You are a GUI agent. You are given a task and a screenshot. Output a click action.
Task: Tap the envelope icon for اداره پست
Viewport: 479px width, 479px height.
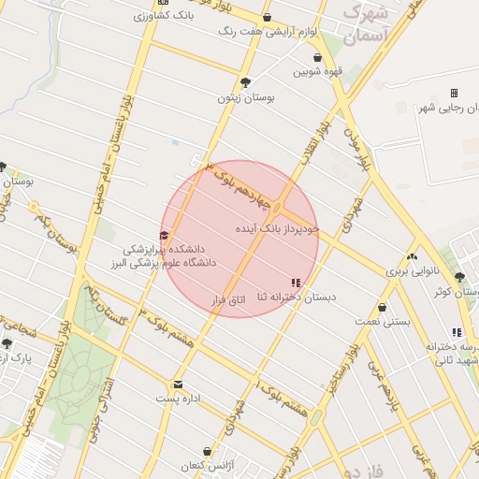tap(178, 384)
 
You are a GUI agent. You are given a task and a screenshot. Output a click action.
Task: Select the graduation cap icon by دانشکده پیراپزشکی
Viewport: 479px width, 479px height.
tap(165, 236)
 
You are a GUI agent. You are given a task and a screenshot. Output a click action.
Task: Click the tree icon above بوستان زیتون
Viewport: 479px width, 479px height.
tap(245, 82)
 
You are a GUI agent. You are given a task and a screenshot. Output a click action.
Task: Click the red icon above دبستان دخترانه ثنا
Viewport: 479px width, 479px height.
tap(296, 283)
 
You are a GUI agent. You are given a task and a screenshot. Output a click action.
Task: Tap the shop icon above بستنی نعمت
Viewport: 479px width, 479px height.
tap(382, 307)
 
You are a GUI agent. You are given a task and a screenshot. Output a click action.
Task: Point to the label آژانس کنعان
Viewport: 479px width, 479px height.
tap(205, 465)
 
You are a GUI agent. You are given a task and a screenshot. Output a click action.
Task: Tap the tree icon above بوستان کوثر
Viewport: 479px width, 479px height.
tap(459, 277)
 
